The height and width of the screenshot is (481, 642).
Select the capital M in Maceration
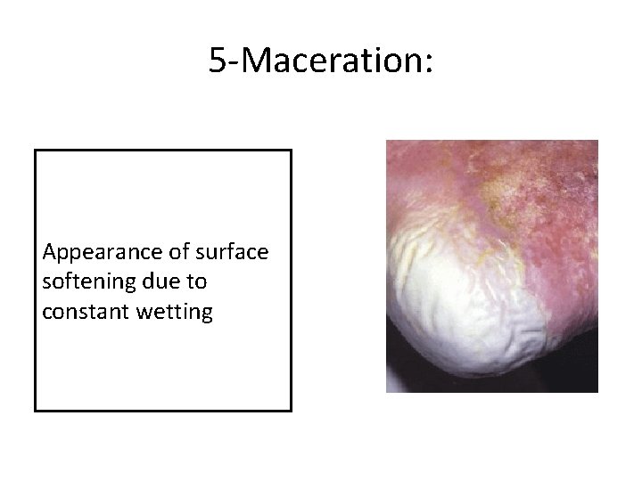point(252,61)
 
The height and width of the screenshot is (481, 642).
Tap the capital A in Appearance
point(48,253)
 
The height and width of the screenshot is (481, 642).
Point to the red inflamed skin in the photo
point(553,232)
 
